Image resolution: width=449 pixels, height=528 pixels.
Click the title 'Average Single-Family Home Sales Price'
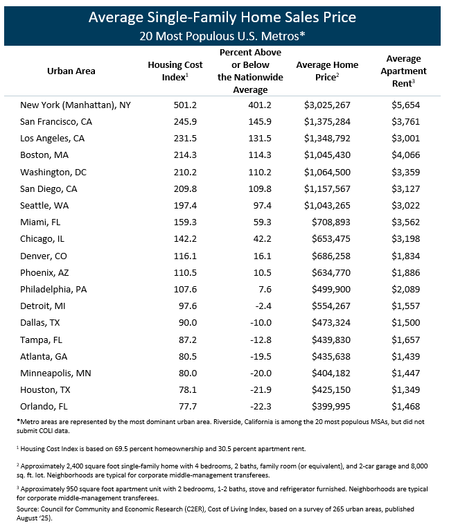[x=224, y=16]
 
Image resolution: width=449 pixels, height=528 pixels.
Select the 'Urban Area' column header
[x=71, y=71]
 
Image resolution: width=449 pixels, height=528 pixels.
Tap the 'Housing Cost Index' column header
[x=168, y=71]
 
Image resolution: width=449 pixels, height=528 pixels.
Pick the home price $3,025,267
[x=328, y=105]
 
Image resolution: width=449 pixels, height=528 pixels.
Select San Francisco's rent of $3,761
[x=405, y=122]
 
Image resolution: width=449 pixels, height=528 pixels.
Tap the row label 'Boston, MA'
[x=45, y=155]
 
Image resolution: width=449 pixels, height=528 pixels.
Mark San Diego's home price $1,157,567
[x=328, y=189]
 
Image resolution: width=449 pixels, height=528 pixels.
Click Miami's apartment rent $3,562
[x=405, y=222]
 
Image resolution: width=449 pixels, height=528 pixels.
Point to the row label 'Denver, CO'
[x=45, y=256]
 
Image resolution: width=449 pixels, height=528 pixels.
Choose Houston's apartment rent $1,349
[x=405, y=389]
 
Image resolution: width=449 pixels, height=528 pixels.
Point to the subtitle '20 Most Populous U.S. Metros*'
[x=224, y=35]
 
